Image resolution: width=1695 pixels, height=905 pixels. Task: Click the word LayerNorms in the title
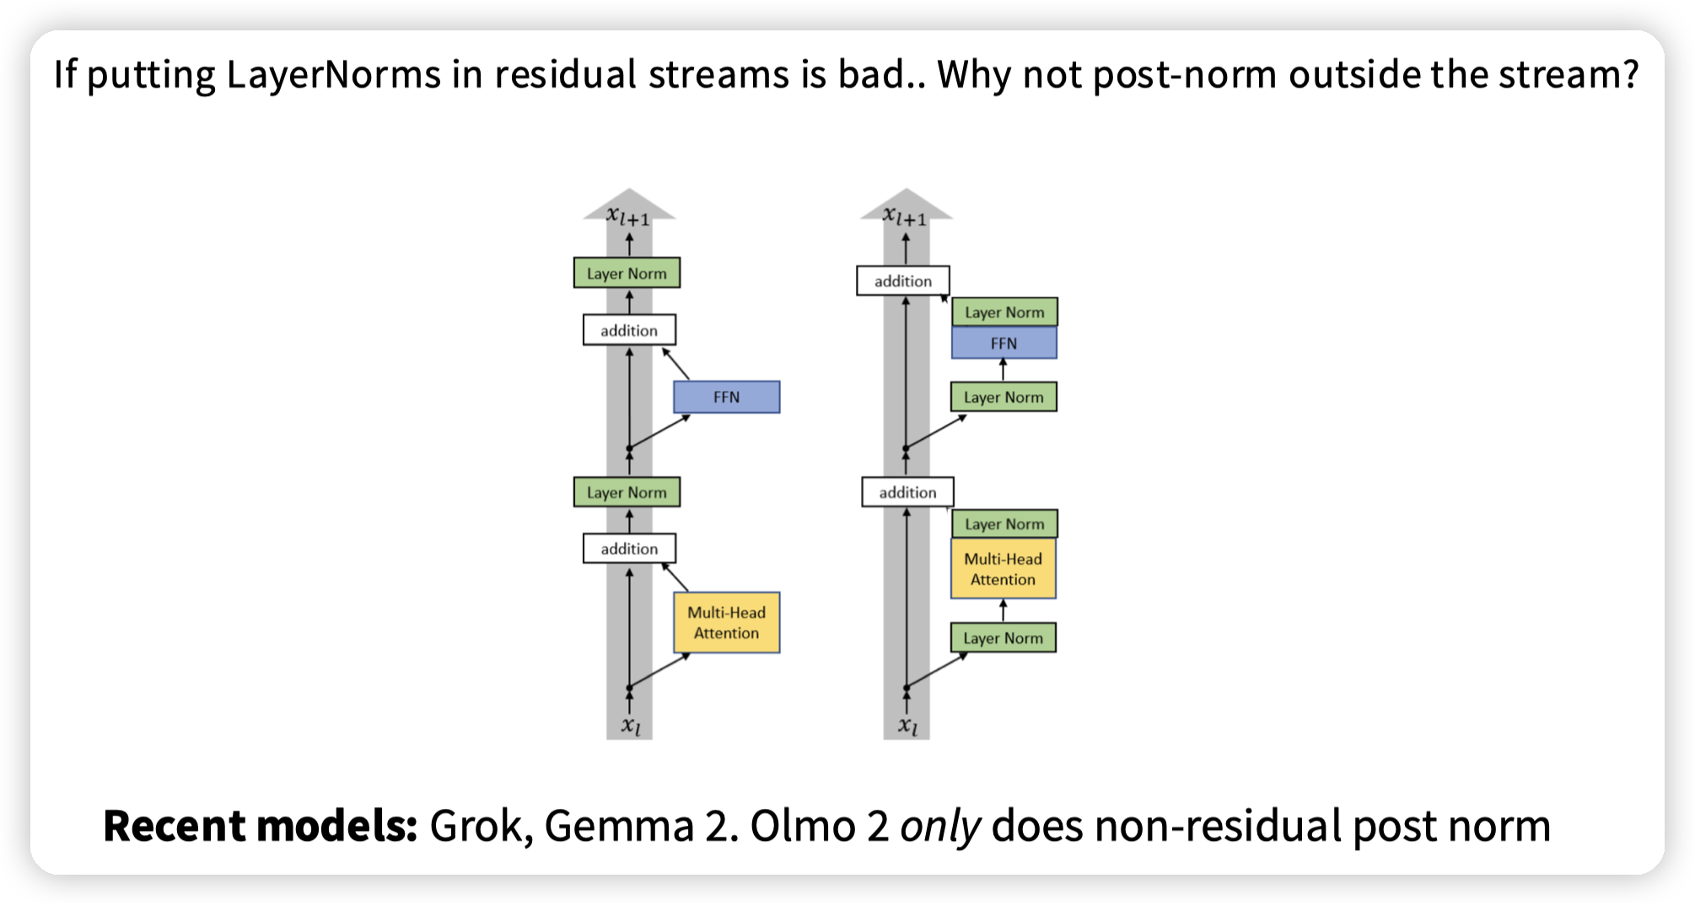[x=334, y=75]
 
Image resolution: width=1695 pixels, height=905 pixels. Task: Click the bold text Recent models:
[x=260, y=826]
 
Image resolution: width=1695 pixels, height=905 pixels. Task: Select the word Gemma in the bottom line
[x=619, y=826]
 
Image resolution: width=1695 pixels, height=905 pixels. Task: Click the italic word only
[x=939, y=826]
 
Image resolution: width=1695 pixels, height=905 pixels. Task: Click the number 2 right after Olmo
[x=878, y=826]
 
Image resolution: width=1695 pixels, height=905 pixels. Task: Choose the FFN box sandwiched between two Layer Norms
[x=1004, y=344]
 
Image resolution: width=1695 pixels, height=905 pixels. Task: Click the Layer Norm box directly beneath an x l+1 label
[x=627, y=273]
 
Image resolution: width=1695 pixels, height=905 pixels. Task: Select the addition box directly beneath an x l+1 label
[x=902, y=281]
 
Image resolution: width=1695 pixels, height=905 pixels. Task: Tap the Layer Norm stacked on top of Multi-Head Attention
[x=1004, y=524]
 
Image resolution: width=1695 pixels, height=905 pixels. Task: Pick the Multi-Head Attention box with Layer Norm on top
[x=1003, y=570]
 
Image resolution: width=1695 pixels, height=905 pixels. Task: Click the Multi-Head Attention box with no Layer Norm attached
[x=726, y=623]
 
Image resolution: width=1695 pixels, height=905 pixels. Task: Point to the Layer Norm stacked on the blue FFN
[x=1004, y=312]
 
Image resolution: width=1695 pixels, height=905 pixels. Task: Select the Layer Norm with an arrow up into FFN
[x=1004, y=397]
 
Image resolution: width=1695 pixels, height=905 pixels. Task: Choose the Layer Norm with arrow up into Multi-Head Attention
[x=1003, y=638]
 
